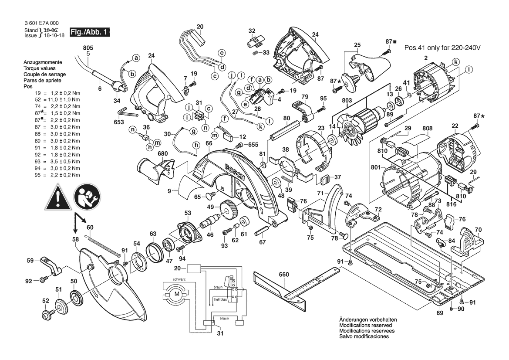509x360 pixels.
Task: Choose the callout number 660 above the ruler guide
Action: click(284, 275)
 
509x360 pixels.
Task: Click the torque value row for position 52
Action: click(52, 100)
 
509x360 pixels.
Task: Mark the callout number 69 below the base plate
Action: click(439, 313)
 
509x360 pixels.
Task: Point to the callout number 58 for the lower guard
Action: click(75, 240)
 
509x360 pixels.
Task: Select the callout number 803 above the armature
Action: click(347, 101)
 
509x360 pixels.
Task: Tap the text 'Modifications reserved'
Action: click(366, 325)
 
